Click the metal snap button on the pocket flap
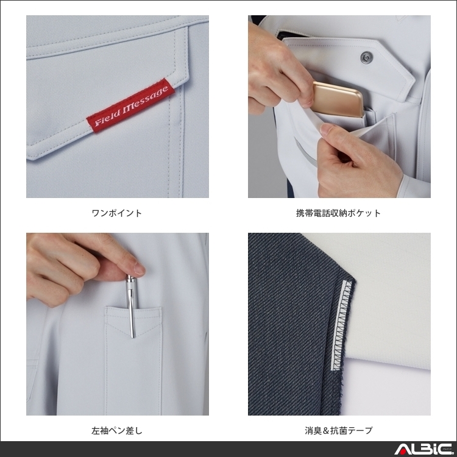(366, 58)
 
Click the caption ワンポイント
(117, 213)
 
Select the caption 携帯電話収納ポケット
(339, 213)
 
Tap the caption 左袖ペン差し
(117, 431)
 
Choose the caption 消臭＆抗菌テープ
(339, 431)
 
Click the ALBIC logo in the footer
(420, 449)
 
